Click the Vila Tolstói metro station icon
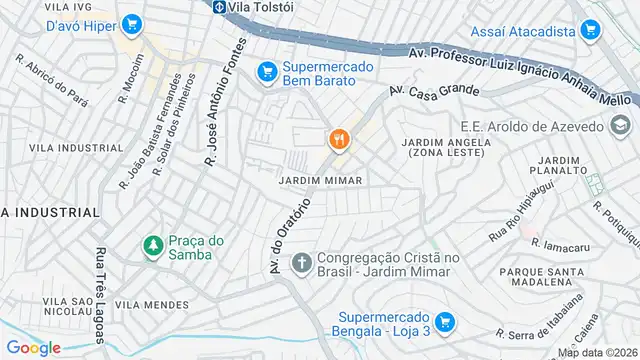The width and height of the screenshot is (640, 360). pyautogui.click(x=218, y=6)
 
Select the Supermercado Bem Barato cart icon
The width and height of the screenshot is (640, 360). pyautogui.click(x=266, y=71)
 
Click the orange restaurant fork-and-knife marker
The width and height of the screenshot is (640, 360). pyautogui.click(x=339, y=140)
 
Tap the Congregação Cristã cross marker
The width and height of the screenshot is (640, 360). pyautogui.click(x=300, y=263)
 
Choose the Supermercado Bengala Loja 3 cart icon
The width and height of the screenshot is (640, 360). pyautogui.click(x=446, y=322)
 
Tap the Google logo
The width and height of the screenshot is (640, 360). pyautogui.click(x=33, y=347)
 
